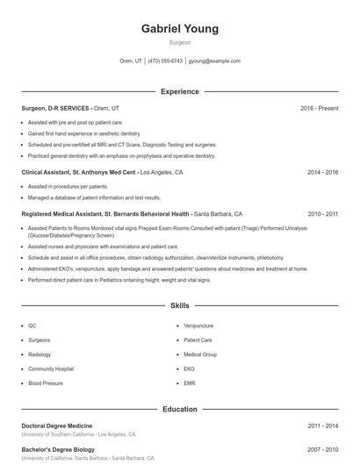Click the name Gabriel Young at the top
pyautogui.click(x=179, y=29)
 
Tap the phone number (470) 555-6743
pyautogui.click(x=165, y=61)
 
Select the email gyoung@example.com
pyautogui.click(x=213, y=61)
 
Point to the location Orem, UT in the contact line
pyautogui.click(x=131, y=61)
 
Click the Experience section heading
pyautogui.click(x=179, y=91)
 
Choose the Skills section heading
pyautogui.click(x=179, y=306)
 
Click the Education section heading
pyautogui.click(x=179, y=409)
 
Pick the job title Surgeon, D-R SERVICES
pyautogui.click(x=54, y=108)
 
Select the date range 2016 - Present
pyautogui.click(x=319, y=108)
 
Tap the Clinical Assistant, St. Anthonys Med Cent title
pyautogui.click(x=79, y=173)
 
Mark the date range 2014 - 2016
pyautogui.click(x=322, y=173)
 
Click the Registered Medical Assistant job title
pyautogui.click(x=105, y=213)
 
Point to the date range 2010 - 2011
pyautogui.click(x=322, y=213)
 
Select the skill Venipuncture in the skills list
pyautogui.click(x=198, y=325)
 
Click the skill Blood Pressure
pyautogui.click(x=46, y=383)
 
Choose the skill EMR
pyautogui.click(x=190, y=383)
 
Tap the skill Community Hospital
pyautogui.click(x=51, y=368)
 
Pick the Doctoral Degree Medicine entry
pyautogui.click(x=58, y=426)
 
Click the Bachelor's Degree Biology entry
pyautogui.click(x=58, y=449)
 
